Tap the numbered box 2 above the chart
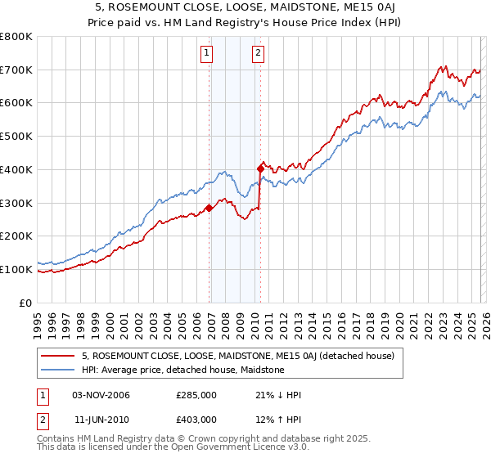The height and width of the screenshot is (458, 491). [259, 54]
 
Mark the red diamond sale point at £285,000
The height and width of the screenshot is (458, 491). [209, 208]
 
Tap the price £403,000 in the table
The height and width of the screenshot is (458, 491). [196, 419]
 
